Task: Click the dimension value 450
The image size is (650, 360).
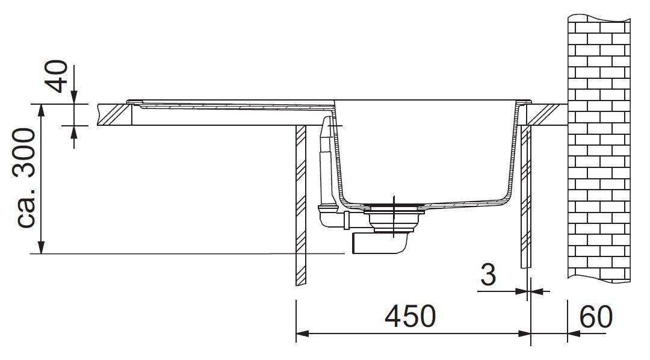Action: click(410, 317)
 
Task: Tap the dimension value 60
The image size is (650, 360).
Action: click(596, 317)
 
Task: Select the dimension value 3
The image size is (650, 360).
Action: click(488, 275)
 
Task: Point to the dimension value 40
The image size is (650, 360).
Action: click(57, 76)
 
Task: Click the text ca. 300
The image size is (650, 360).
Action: click(26, 178)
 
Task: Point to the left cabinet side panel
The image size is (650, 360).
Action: click(300, 205)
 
